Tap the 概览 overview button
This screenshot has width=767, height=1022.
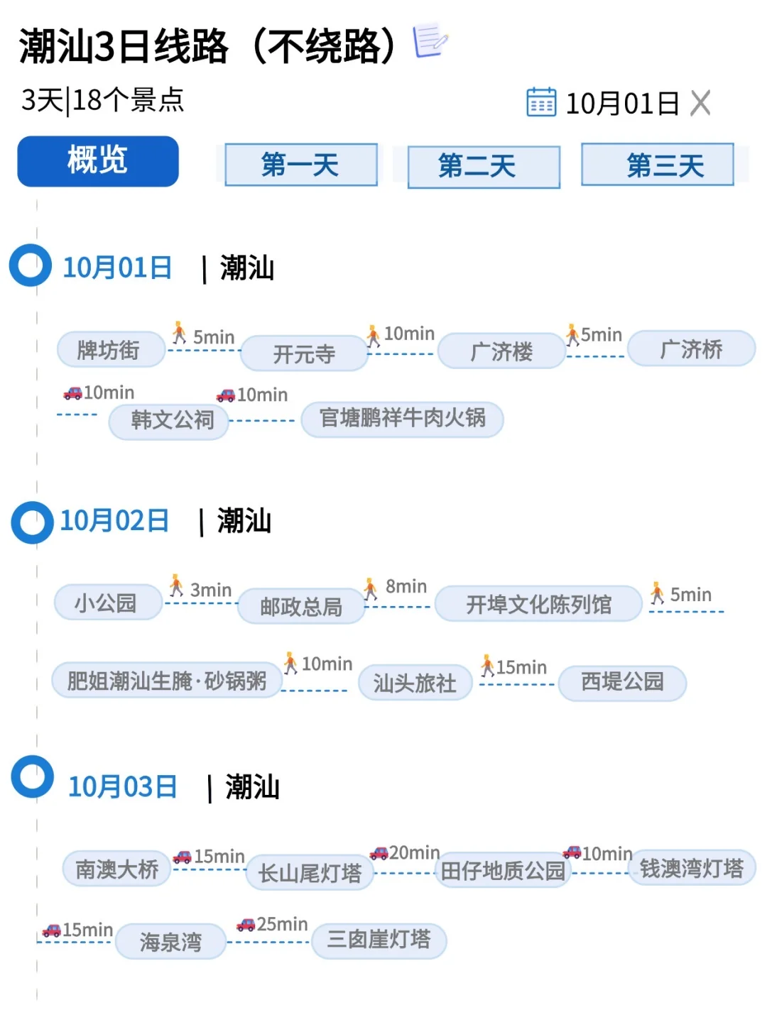point(98,161)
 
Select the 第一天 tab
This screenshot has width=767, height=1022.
point(300,165)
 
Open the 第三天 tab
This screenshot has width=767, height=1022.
point(657,165)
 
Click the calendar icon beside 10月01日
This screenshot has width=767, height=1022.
point(541,103)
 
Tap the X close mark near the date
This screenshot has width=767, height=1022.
point(700,104)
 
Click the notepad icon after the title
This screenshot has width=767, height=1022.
point(431,41)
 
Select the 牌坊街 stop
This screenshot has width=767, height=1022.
point(110,349)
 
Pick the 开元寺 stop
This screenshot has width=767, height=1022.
point(304,353)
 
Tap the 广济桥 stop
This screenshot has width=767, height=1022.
point(691,349)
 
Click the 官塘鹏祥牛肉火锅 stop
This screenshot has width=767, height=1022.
point(402,419)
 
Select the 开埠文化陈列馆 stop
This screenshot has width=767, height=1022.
point(538,604)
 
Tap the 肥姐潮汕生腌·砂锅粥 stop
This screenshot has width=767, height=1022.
point(167,681)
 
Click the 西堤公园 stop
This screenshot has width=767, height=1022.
point(622,683)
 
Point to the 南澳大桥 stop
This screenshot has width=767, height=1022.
point(117,869)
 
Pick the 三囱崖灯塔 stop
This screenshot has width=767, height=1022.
point(379,940)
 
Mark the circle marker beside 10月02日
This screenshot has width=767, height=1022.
point(32,523)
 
